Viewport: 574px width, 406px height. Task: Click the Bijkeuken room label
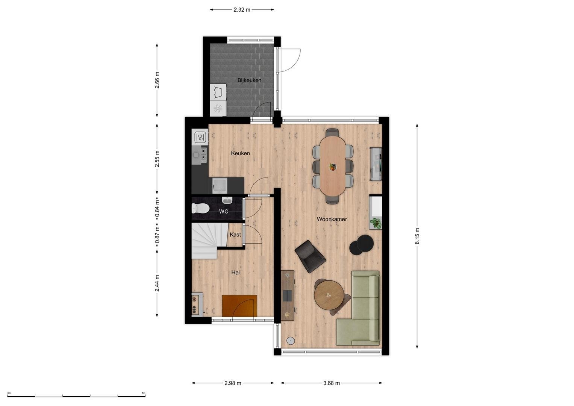249,80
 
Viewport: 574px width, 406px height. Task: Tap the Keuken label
240,153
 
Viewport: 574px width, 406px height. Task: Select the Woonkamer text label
332,219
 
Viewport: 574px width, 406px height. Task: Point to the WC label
223,211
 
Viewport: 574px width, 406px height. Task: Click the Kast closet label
235,235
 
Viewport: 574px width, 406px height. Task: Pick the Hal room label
235,273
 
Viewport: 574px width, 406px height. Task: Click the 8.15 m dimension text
417,236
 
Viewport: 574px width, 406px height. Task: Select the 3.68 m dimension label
332,383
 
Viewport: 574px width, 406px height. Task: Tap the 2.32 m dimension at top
242,10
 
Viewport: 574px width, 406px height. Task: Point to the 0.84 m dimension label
158,208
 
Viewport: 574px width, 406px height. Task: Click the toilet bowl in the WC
200,208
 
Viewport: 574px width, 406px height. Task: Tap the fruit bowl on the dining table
333,167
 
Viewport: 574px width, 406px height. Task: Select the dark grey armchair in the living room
310,256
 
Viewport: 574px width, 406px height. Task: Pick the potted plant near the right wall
376,223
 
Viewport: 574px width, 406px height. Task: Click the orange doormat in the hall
239,306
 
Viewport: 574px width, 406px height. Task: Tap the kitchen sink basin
220,186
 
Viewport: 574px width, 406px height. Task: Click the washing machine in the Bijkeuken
218,92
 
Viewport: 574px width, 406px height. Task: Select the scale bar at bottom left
76,396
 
